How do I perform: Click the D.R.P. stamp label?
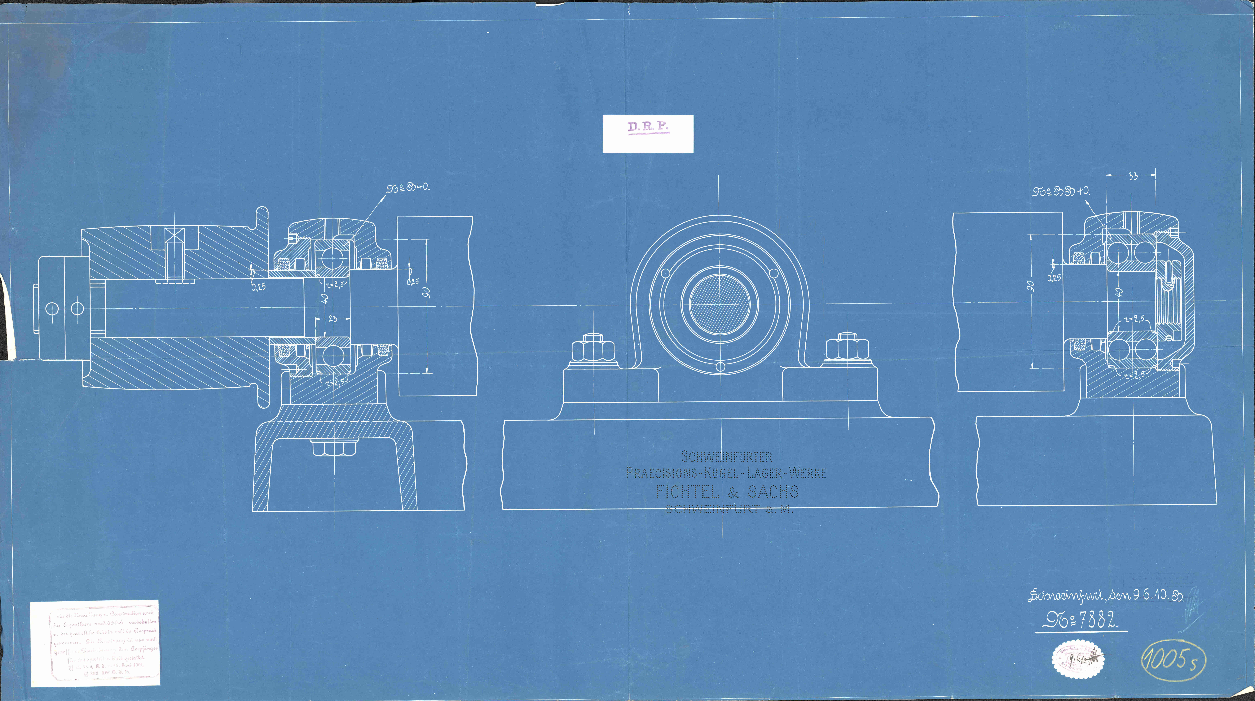tap(648, 128)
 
